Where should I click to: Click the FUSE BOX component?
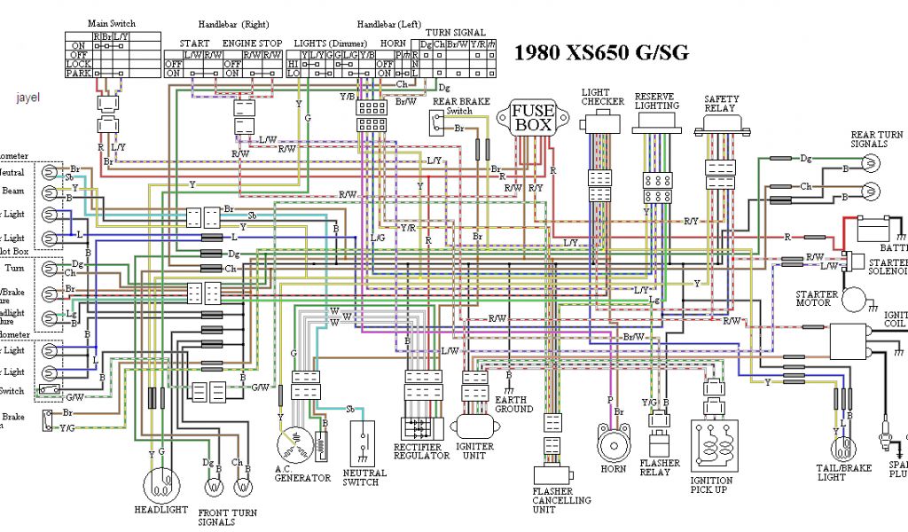pyautogui.click(x=534, y=118)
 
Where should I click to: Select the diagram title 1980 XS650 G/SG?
pyautogui.click(x=601, y=52)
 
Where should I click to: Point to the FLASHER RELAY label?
pyautogui.click(x=660, y=467)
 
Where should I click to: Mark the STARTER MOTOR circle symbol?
pyautogui.click(x=857, y=299)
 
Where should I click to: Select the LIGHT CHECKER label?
pyautogui.click(x=603, y=97)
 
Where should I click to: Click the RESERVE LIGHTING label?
pyautogui.click(x=657, y=100)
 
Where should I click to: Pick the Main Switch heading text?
pyautogui.click(x=112, y=23)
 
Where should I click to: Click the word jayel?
pyautogui.click(x=29, y=97)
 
